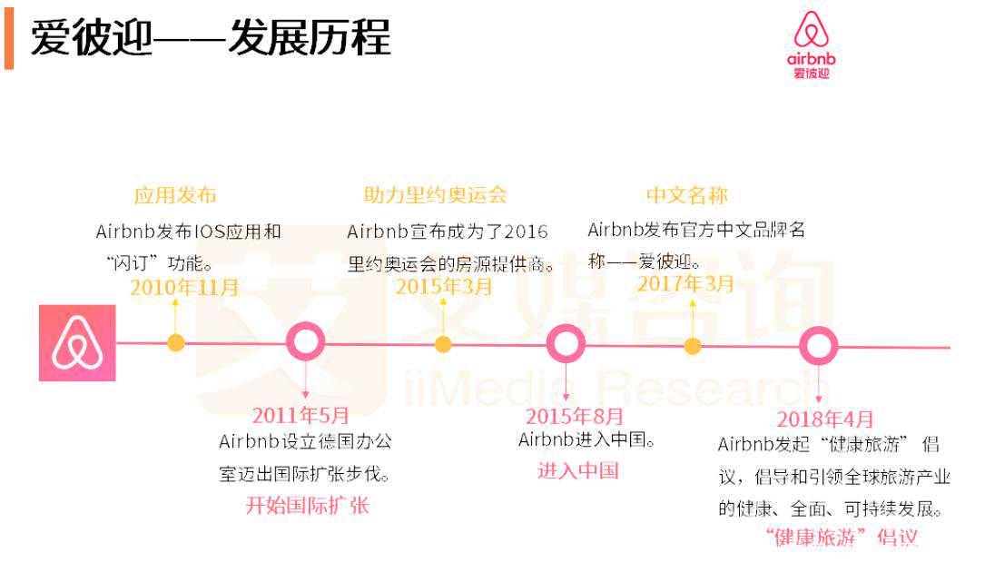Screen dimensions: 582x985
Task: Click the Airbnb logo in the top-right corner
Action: click(811, 44)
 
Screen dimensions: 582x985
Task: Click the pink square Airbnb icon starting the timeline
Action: click(77, 343)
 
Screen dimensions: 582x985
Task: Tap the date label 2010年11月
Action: click(184, 288)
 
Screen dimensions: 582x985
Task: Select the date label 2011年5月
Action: click(300, 416)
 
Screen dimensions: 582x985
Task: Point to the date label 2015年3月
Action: click(444, 287)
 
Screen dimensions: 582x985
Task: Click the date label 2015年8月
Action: click(576, 417)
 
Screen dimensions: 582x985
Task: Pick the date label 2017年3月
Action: click(685, 284)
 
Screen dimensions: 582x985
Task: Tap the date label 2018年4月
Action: click(825, 419)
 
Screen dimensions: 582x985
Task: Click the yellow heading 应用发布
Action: click(175, 195)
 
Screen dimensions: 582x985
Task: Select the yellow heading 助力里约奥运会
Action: click(435, 195)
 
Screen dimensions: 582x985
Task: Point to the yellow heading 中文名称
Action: click(686, 195)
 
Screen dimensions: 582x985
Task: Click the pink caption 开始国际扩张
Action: click(308, 506)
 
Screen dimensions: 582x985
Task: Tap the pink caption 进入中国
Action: click(578, 470)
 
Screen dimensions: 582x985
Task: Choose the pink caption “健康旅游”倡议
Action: click(842, 537)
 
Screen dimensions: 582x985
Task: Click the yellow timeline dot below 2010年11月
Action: click(175, 342)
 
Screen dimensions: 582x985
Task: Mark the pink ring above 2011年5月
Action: click(305, 342)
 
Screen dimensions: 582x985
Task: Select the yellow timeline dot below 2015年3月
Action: click(443, 344)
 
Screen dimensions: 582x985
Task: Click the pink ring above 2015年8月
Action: click(566, 344)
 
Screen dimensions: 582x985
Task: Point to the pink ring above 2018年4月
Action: click(818, 346)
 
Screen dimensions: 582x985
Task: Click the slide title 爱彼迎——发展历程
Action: click(211, 39)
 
